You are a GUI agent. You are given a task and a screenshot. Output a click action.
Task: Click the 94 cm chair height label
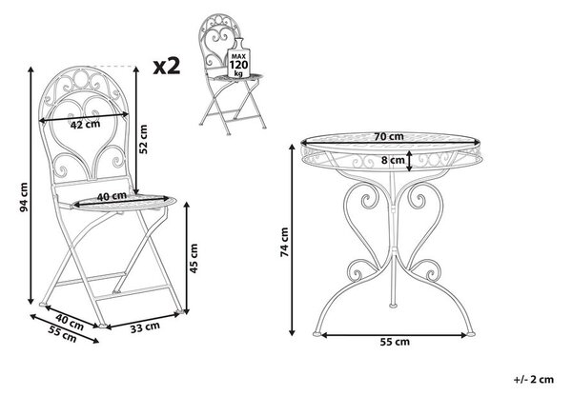[x=24, y=197]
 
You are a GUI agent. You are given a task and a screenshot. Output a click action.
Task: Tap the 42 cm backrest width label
[x=85, y=125]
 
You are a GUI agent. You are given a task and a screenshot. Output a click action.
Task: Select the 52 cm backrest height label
[x=144, y=139]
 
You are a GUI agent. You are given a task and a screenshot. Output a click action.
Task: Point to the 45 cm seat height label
[x=194, y=258]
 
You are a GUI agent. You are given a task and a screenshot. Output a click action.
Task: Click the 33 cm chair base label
[x=145, y=327]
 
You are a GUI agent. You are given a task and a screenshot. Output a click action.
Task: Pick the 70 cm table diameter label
[x=389, y=137]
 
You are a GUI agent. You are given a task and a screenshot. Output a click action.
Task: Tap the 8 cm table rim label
[x=393, y=160]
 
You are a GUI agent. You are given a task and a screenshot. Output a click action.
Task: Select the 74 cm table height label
[x=284, y=242]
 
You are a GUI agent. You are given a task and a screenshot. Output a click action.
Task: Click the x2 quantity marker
[x=167, y=67]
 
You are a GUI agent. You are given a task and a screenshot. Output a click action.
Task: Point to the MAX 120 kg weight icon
[x=238, y=59]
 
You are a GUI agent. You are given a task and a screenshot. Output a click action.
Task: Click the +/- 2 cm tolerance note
[x=534, y=379]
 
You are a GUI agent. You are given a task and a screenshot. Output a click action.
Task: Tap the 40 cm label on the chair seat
[x=112, y=196]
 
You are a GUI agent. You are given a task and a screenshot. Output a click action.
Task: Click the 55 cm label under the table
[x=395, y=342]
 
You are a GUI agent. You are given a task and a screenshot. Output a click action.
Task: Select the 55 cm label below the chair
[x=62, y=334]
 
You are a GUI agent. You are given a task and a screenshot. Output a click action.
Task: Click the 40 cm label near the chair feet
[x=70, y=322]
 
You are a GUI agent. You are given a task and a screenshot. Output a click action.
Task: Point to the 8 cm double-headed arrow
[x=410, y=161]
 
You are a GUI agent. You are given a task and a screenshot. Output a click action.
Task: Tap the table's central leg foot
[x=393, y=305]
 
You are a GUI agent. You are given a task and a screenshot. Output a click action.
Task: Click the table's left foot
[x=317, y=332]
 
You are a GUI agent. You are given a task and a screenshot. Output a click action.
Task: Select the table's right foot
[x=471, y=333]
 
